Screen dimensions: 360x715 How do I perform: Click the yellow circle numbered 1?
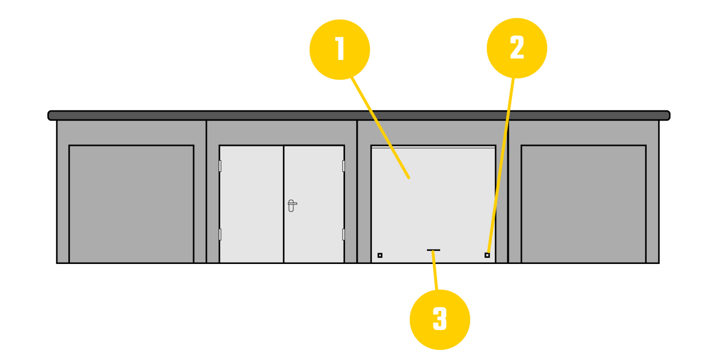tap(340, 49)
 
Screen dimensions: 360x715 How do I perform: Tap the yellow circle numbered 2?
tap(517, 48)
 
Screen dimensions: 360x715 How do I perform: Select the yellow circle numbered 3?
tap(440, 319)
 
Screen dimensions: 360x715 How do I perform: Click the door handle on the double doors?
tap(291, 205)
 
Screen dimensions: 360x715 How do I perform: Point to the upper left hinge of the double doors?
tap(220, 166)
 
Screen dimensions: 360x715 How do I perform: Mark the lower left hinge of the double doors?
tap(220, 234)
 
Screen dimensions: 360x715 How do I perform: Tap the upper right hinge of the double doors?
tap(343, 166)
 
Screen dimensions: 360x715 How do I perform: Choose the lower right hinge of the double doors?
tap(343, 234)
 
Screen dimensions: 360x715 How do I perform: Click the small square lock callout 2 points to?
tap(487, 255)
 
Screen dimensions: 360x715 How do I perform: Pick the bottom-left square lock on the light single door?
tap(380, 255)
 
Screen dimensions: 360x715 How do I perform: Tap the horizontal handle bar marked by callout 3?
tap(433, 250)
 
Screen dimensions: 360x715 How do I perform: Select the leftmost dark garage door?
tap(131, 204)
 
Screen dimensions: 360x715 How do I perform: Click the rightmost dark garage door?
tap(584, 204)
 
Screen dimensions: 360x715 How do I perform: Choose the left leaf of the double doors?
tap(252, 204)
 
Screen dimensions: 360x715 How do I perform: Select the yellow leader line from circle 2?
tap(501, 165)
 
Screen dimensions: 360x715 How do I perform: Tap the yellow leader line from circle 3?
tap(435, 271)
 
